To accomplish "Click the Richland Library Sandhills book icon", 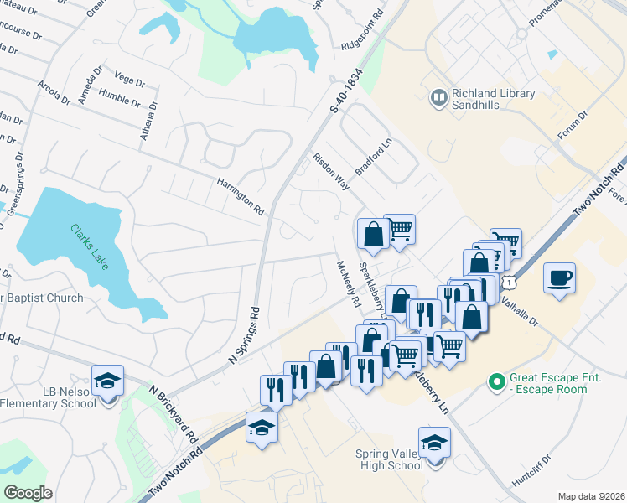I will (438, 98).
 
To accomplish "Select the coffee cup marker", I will (559, 277).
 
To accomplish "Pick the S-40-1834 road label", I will (345, 90).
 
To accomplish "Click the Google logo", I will (28, 493).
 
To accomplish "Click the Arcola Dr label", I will (54, 92).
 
